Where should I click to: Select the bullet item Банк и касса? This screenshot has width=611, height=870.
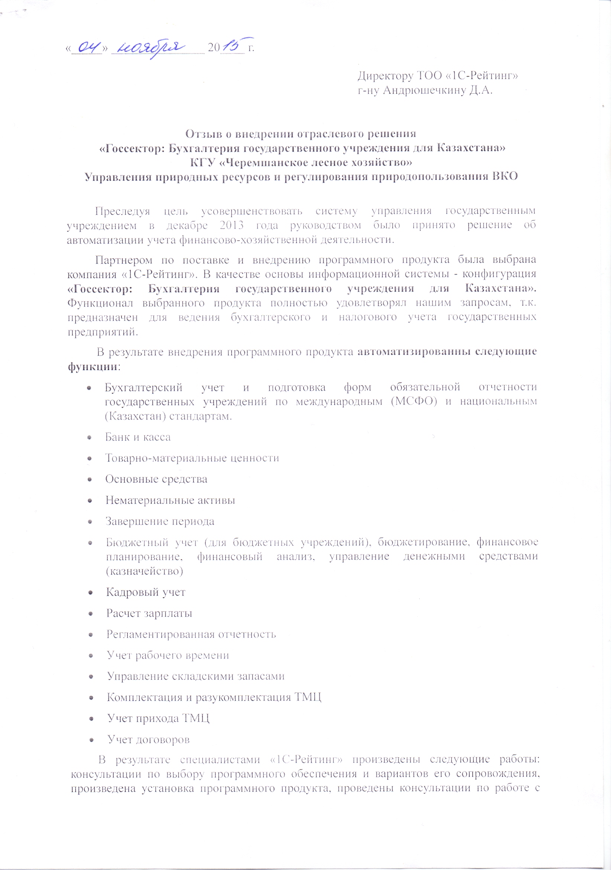click(x=138, y=437)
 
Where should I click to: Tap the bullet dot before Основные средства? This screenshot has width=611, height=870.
click(x=90, y=479)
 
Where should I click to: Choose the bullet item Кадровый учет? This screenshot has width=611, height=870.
click(x=146, y=592)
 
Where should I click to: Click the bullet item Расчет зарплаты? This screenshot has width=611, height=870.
click(x=149, y=613)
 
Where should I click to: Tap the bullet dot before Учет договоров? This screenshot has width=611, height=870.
click(x=91, y=739)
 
